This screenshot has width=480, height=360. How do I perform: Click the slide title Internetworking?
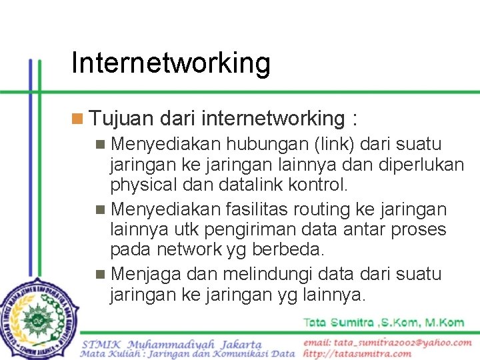coord(171,63)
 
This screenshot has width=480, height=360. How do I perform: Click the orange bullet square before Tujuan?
coord(77,119)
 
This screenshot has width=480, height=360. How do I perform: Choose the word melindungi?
coord(257,274)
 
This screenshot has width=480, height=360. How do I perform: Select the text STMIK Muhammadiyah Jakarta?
coord(172,344)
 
